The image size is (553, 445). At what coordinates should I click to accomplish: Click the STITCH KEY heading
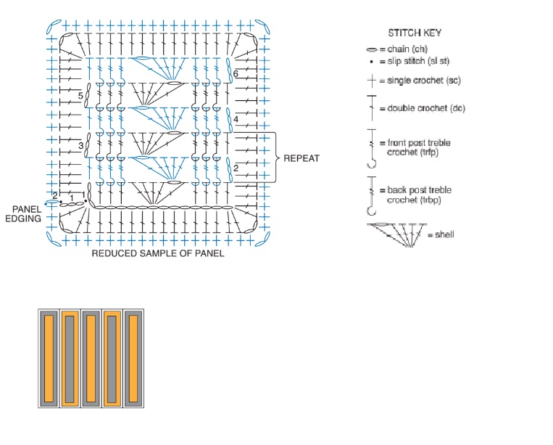pos(415,33)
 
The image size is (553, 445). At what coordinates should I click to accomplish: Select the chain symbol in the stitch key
pos(372,49)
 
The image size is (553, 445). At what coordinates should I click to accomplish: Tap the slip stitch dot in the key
pos(371,62)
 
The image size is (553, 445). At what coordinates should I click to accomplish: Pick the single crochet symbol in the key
pos(372,81)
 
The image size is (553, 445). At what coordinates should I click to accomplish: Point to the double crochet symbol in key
pos(372,107)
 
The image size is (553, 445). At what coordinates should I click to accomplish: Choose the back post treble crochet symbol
pos(372,196)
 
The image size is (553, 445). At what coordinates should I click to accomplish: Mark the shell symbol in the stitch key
pos(396,235)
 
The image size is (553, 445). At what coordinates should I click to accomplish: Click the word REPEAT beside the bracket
pos(302,158)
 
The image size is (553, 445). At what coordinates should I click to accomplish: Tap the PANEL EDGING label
pos(23,213)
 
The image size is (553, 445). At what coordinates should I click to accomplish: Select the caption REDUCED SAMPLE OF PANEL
pos(158,253)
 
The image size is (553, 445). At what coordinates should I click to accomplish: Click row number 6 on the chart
pos(236,73)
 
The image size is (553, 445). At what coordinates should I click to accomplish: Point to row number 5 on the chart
pos(80,96)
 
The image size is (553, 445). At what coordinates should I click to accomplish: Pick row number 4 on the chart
pos(236,119)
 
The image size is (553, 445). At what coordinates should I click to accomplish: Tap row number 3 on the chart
pos(80,145)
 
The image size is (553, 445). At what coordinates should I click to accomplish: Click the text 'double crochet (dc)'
pos(426,108)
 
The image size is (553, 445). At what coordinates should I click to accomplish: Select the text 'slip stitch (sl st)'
pos(418,61)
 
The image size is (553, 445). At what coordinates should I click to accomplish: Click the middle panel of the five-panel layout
pos(91,359)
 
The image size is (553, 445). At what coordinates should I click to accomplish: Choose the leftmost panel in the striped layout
pos(49,359)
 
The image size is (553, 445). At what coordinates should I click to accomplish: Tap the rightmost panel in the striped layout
pos(133,359)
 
